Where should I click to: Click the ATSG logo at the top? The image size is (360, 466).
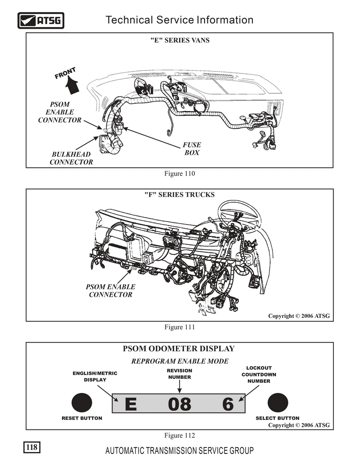(40, 20)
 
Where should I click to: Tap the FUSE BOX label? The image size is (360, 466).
(192, 149)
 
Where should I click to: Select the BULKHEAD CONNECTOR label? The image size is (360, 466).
(71, 158)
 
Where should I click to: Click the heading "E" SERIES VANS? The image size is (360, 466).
(180, 40)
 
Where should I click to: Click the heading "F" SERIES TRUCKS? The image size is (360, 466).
(180, 195)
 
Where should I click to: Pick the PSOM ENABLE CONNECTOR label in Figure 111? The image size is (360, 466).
(110, 290)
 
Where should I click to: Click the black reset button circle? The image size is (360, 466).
(81, 403)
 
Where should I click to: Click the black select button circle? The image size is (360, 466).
(277, 403)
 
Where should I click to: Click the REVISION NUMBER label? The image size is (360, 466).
(180, 374)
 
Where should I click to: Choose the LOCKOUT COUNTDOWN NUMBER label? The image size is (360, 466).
(259, 375)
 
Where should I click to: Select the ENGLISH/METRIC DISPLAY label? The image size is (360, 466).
(95, 376)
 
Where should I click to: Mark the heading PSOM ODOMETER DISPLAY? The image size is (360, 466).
(179, 348)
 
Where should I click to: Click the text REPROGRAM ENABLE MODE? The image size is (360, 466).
(180, 361)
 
